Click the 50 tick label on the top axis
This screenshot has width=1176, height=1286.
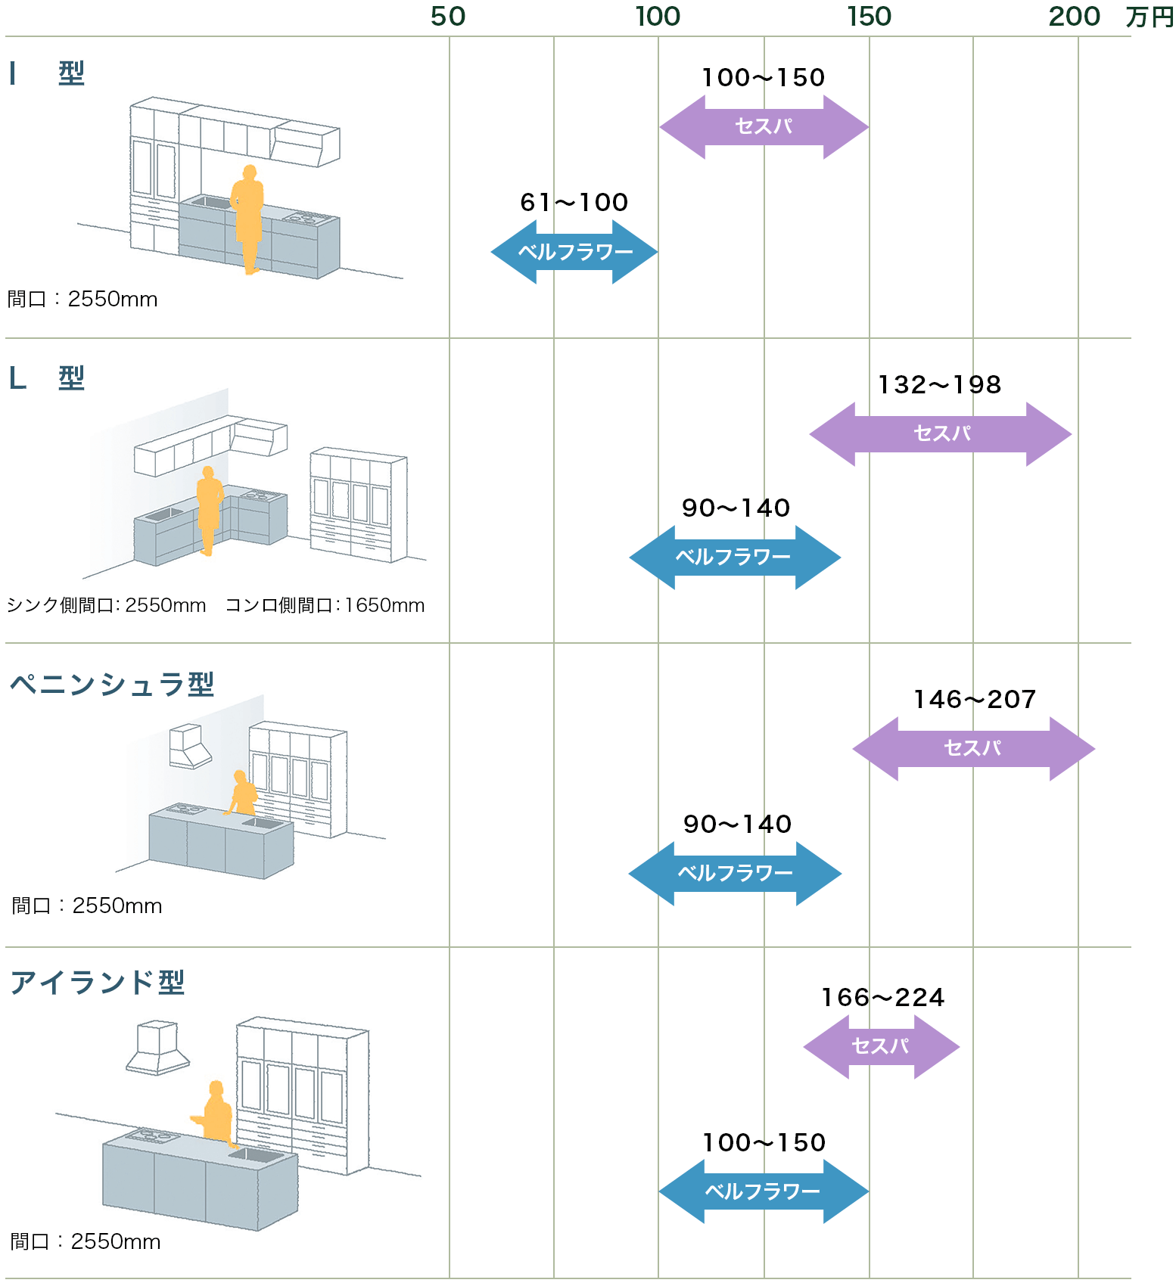[x=448, y=17]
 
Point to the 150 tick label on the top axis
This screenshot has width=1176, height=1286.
[x=869, y=17]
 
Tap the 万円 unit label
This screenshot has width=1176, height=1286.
[x=1149, y=17]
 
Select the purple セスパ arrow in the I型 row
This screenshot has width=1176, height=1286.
[x=764, y=127]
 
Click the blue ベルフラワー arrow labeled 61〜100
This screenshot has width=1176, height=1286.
[x=574, y=252]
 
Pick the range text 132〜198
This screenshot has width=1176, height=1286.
[x=939, y=385]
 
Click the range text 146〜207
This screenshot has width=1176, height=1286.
[x=975, y=700]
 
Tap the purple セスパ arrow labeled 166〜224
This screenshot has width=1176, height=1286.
[x=881, y=1047]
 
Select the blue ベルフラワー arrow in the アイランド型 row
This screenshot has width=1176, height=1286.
[x=763, y=1191]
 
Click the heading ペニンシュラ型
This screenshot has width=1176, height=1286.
[x=112, y=685]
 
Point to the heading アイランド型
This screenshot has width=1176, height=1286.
[x=98, y=983]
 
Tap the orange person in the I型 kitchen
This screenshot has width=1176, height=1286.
[x=248, y=218]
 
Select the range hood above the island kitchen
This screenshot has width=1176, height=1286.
[x=157, y=1048]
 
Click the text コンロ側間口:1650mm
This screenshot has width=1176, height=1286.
[x=325, y=606]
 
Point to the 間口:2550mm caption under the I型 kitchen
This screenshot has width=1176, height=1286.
[x=82, y=300]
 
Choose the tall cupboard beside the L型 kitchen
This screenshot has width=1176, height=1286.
[x=358, y=505]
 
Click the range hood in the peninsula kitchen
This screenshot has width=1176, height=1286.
[x=189, y=747]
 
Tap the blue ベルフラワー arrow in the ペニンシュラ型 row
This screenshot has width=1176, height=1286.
[x=735, y=874]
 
